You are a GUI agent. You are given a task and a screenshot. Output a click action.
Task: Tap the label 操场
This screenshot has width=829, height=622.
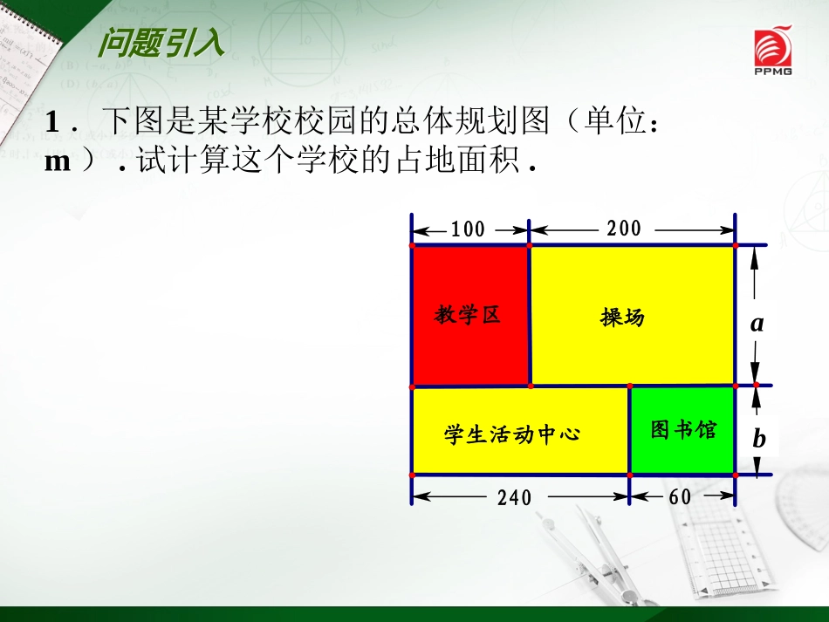click(622, 317)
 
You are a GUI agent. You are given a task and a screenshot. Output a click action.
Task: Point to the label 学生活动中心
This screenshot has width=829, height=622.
click(511, 434)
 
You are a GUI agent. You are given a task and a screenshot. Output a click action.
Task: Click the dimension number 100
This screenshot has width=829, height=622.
click(468, 229)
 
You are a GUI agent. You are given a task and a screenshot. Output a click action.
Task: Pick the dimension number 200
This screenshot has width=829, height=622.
click(624, 229)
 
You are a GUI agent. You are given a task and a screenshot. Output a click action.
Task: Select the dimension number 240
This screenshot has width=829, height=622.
click(514, 497)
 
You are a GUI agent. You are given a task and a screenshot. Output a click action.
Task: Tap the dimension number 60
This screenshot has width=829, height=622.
click(680, 496)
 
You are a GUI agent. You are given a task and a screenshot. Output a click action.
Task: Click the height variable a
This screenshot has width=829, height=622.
click(757, 324)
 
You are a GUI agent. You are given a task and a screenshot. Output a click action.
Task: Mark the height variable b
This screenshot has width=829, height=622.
click(758, 439)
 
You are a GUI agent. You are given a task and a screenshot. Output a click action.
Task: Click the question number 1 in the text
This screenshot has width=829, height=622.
click(51, 122)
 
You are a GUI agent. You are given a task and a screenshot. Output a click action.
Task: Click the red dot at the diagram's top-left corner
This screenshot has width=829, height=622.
click(412, 245)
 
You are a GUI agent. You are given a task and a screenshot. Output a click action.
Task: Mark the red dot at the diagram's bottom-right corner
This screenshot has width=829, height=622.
click(736, 475)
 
